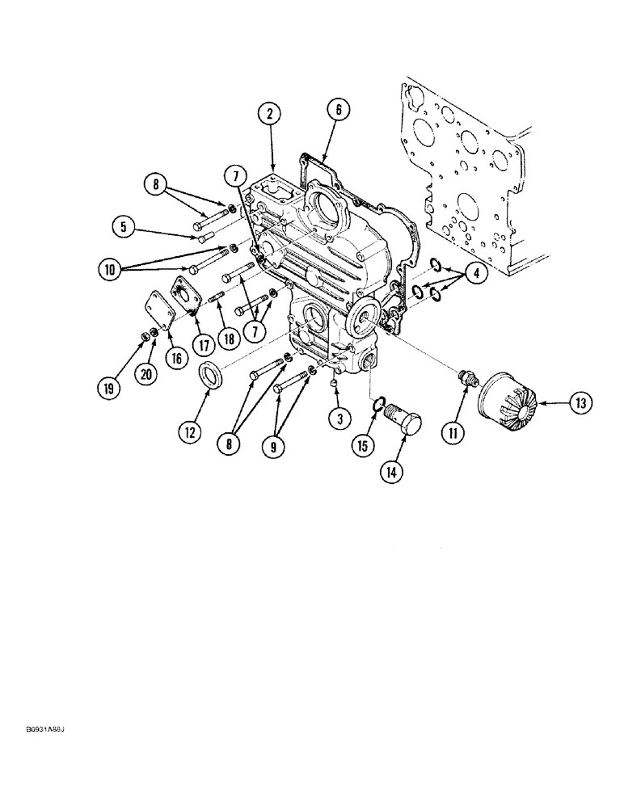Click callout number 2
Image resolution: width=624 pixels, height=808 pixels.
tap(271, 116)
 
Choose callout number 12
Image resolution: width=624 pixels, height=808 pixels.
tap(190, 433)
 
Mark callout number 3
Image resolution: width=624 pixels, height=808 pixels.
tap(340, 418)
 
